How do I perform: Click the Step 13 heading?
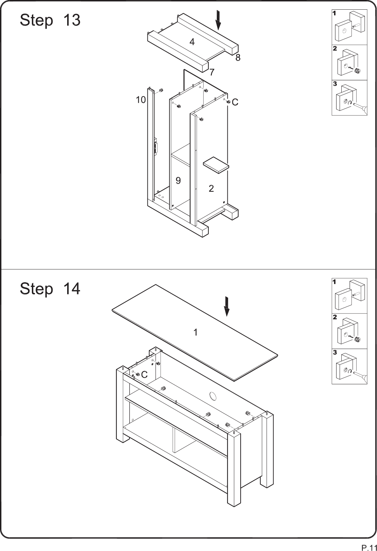click(50, 20)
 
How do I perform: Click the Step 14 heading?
click(50, 288)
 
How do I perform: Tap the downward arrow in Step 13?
click(218, 20)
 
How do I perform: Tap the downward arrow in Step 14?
click(226, 306)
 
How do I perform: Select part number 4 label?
click(192, 42)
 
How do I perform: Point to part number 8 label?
click(237, 57)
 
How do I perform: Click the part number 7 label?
click(212, 72)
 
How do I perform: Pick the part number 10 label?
click(141, 100)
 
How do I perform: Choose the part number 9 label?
click(178, 181)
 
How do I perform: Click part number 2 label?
click(211, 189)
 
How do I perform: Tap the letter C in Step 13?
click(235, 102)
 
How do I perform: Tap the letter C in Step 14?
click(144, 375)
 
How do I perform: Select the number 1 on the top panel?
click(196, 332)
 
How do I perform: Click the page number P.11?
click(369, 546)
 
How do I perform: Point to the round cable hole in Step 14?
click(212, 396)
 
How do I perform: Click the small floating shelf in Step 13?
click(216, 165)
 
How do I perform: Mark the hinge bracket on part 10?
click(156, 147)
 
